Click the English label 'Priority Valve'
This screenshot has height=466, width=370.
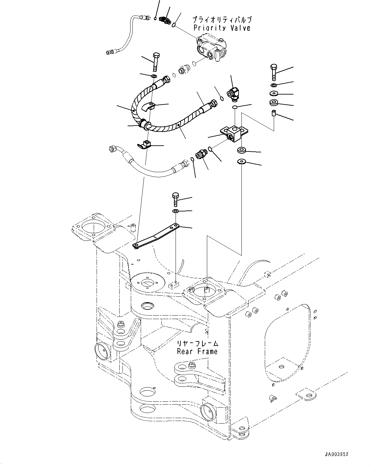222,28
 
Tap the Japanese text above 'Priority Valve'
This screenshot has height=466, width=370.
222,19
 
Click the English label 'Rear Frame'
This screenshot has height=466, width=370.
197,351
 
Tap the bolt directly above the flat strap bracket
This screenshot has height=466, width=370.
175,199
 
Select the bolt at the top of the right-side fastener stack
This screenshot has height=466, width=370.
274,72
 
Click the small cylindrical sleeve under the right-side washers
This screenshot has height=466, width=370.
274,113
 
